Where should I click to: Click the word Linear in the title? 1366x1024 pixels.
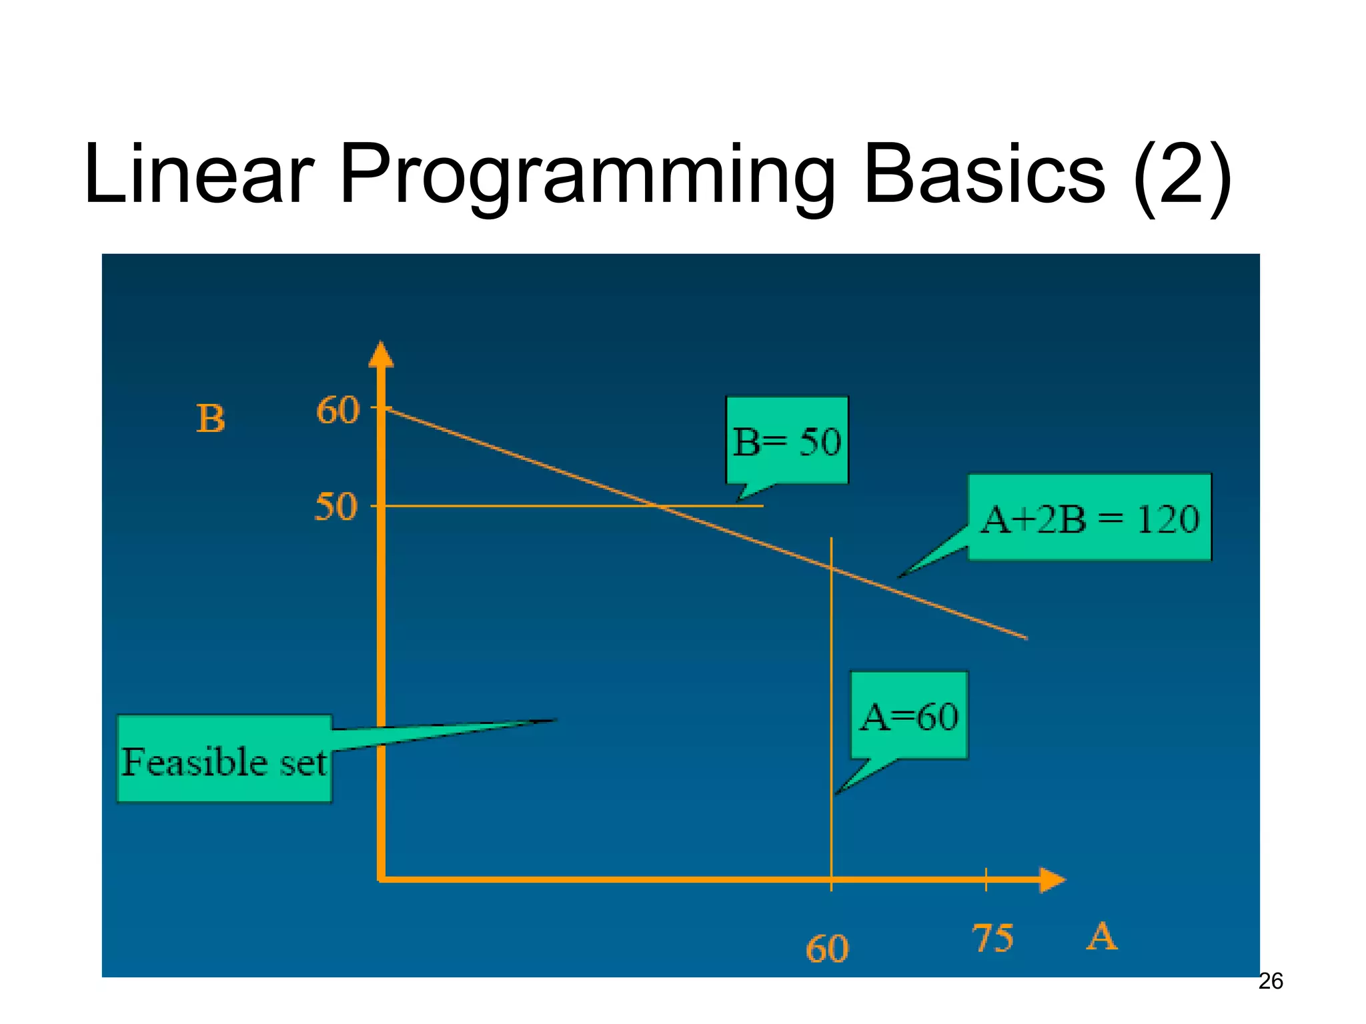(198, 175)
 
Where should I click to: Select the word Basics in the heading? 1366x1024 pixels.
(984, 175)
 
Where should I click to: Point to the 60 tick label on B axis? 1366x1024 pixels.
(337, 409)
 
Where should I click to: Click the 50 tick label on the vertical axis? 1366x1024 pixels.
(336, 507)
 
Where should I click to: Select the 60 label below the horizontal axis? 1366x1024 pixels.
(827, 948)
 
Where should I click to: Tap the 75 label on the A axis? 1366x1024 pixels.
(992, 938)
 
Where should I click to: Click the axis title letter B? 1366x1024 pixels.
(211, 419)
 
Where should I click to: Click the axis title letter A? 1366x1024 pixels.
(1101, 937)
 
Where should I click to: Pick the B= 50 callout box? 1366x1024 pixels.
(787, 441)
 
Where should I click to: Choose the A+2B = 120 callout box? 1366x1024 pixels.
(1089, 518)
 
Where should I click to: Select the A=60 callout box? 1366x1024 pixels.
(909, 716)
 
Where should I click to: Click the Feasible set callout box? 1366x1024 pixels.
(224, 760)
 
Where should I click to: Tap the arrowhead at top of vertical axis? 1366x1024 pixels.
(381, 355)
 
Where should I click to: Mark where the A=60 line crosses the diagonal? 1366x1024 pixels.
(831, 568)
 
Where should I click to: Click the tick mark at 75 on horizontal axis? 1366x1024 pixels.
(986, 879)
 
